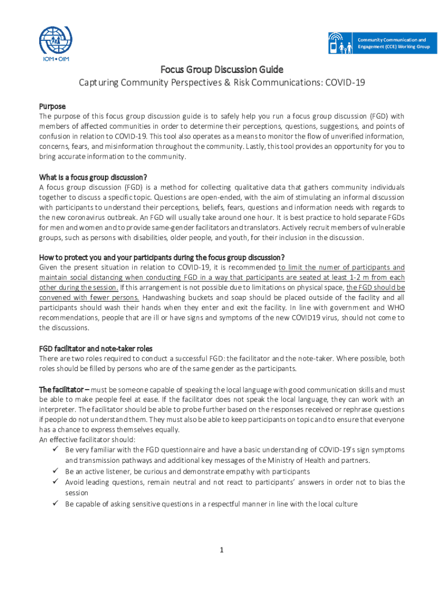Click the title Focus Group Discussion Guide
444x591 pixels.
click(222, 70)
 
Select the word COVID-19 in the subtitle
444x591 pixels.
click(345, 83)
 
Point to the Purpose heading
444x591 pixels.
click(52, 106)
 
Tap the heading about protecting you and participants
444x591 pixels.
click(161, 257)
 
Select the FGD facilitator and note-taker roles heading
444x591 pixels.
click(96, 349)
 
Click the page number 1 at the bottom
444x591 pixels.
click(221, 548)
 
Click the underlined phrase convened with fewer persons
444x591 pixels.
click(89, 297)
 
